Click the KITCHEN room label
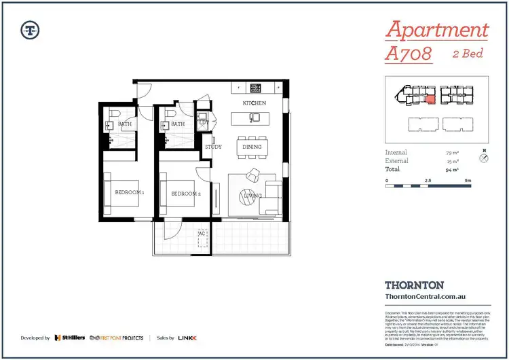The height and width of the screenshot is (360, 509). point(254,103)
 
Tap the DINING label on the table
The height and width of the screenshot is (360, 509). point(253,145)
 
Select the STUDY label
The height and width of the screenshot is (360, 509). point(213,146)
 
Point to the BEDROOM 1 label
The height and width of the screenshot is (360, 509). point(128,193)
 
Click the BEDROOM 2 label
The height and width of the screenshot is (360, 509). point(185,194)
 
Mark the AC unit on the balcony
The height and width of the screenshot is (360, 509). point(202,234)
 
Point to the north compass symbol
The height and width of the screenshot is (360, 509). point(483,158)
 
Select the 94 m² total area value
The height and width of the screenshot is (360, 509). point(450,169)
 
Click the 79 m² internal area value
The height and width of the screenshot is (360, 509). point(450,153)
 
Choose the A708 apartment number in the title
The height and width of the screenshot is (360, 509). point(409,54)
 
